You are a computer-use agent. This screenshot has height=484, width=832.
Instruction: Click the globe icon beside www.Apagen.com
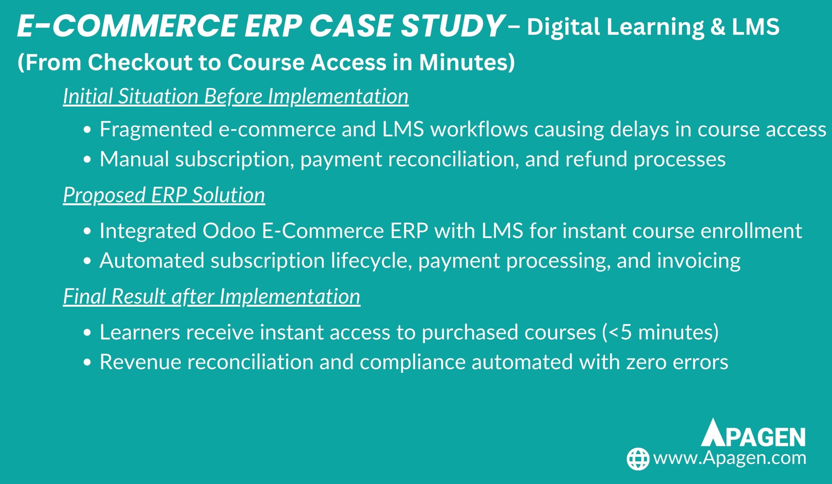click(638, 459)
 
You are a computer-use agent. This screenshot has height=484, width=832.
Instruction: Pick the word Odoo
click(229, 231)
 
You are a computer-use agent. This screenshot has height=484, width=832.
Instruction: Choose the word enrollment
click(751, 231)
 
